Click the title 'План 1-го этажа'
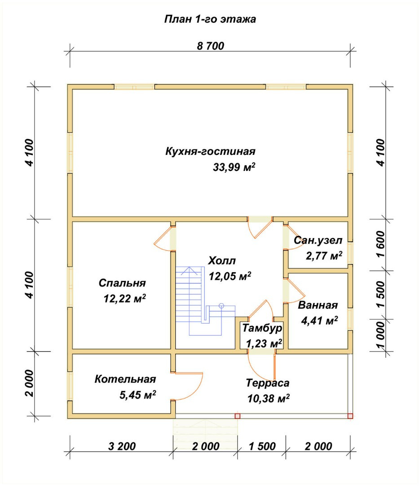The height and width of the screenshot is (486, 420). coord(210,19)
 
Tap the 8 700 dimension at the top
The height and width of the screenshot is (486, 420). coord(211,46)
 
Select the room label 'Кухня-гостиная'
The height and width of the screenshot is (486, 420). coord(211,152)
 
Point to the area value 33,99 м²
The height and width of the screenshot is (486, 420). coord(234,167)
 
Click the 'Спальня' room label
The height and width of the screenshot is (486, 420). coord(122,283)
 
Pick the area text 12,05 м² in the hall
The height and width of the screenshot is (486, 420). coord(230,276)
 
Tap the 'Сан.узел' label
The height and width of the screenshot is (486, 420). coord(318,240)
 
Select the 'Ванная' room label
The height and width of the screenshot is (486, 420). coord(318,305)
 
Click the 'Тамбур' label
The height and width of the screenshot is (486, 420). coord(262,328)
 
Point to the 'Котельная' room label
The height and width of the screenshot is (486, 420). coord(125,379)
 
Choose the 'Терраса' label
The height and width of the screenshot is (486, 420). coord(268,383)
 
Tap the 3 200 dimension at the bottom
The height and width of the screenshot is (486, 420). coord(122,446)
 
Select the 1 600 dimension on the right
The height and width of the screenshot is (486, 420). coord(381,244)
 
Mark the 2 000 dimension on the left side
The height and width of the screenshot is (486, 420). coord(29,383)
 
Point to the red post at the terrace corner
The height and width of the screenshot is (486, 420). coord(350,416)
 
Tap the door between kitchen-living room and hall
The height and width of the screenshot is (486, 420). coord(260,227)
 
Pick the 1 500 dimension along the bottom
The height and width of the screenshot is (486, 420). coord(262,446)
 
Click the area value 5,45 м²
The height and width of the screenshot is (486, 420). coord(138,395)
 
